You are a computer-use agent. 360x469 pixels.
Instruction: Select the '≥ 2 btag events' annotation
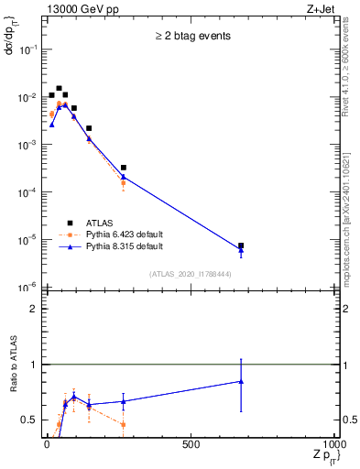pyautogui.click(x=191, y=37)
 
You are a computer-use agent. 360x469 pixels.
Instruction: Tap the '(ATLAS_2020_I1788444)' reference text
pyautogui.click(x=191, y=273)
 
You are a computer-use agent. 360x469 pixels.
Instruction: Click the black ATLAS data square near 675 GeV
pyautogui.click(x=241, y=245)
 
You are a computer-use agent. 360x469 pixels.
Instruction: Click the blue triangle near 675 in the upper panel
pyautogui.click(x=241, y=250)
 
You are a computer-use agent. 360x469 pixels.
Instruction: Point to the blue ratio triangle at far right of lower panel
pyautogui.click(x=241, y=381)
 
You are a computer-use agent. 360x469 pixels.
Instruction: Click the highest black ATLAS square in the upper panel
pyautogui.click(x=59, y=89)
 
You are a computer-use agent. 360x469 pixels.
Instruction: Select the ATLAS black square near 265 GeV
pyautogui.click(x=123, y=168)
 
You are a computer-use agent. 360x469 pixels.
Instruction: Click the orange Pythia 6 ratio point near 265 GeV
pyautogui.click(x=123, y=424)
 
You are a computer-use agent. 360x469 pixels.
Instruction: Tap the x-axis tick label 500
pyautogui.click(x=191, y=444)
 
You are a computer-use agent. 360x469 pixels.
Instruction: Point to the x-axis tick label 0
pyautogui.click(x=47, y=444)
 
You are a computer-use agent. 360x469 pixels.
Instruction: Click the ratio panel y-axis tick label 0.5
pyautogui.click(x=31, y=420)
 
